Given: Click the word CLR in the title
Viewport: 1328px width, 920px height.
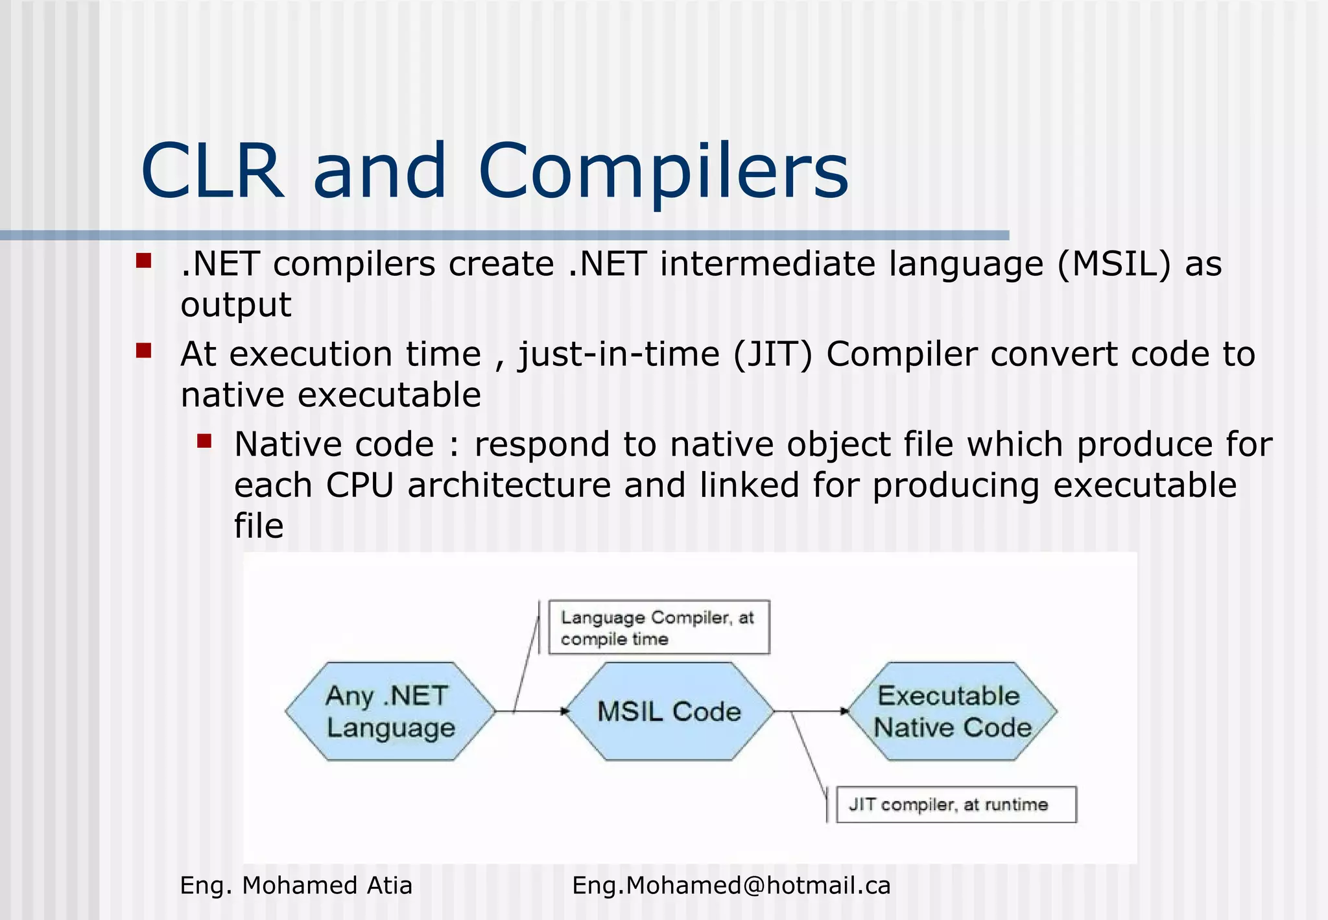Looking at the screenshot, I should [212, 172].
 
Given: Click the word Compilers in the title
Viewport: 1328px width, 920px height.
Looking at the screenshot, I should [663, 172].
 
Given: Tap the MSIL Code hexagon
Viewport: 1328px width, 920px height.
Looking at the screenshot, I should [669, 712].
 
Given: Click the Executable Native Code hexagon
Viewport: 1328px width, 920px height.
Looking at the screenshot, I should [951, 712].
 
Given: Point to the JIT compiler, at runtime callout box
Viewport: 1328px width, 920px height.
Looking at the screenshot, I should [955, 805].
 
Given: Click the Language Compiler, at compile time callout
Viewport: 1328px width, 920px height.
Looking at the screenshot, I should [658, 627].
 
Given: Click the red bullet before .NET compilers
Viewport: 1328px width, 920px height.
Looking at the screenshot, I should [143, 261].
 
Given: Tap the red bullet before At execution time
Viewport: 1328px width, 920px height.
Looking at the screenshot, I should [143, 351].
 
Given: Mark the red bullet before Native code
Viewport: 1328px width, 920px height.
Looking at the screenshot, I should [204, 442].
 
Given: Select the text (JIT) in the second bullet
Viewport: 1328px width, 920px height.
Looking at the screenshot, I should [772, 355].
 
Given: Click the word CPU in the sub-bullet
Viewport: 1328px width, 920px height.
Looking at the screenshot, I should [359, 485].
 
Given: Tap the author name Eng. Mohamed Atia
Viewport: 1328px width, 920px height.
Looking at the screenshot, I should [296, 886].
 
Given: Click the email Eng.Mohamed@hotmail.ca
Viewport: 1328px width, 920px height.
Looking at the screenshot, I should [731, 886].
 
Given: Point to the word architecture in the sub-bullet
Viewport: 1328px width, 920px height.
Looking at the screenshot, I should [509, 485].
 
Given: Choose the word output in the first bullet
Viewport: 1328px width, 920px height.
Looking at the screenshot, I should [236, 305].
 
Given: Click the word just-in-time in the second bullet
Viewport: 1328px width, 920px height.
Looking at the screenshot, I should [619, 355].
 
